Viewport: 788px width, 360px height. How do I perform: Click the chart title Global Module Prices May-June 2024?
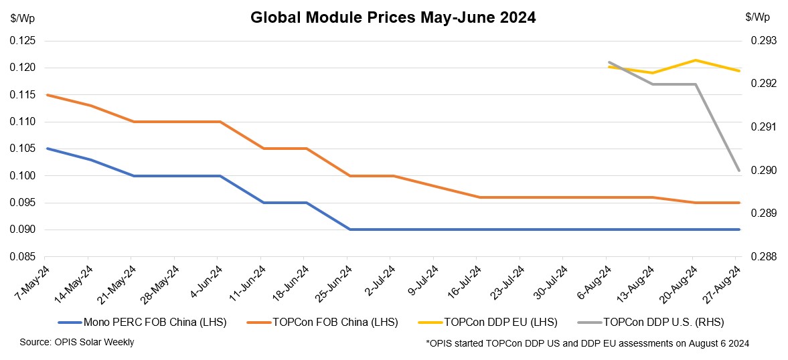click(393, 18)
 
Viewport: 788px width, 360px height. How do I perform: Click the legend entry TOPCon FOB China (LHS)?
click(335, 323)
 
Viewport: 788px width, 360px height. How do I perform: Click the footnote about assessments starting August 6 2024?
click(587, 344)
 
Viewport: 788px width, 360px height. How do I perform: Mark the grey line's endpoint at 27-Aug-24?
click(739, 171)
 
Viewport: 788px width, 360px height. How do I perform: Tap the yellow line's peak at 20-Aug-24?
click(696, 60)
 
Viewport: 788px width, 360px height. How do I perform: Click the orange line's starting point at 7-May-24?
click(46, 95)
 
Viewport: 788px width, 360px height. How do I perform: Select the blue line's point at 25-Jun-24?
click(349, 230)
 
